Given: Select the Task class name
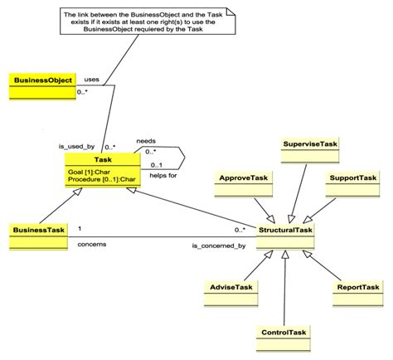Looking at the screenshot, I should (104, 159).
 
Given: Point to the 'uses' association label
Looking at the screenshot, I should (92, 79).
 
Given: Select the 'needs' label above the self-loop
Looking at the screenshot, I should (147, 141).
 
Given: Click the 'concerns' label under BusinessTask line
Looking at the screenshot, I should (91, 244).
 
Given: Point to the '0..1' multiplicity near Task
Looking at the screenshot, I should (156, 166).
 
